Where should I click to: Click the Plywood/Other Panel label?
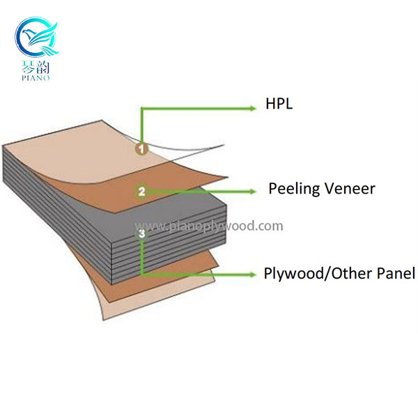pyautogui.click(x=339, y=273)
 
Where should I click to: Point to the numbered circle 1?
pyautogui.click(x=141, y=148)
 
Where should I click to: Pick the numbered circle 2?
pyautogui.click(x=141, y=190)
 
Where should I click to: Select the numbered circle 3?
pyautogui.click(x=142, y=235)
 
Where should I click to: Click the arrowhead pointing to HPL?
pyautogui.click(x=251, y=108)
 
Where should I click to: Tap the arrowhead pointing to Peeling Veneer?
pyautogui.click(x=252, y=189)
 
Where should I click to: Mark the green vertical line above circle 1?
pyautogui.click(x=142, y=125)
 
